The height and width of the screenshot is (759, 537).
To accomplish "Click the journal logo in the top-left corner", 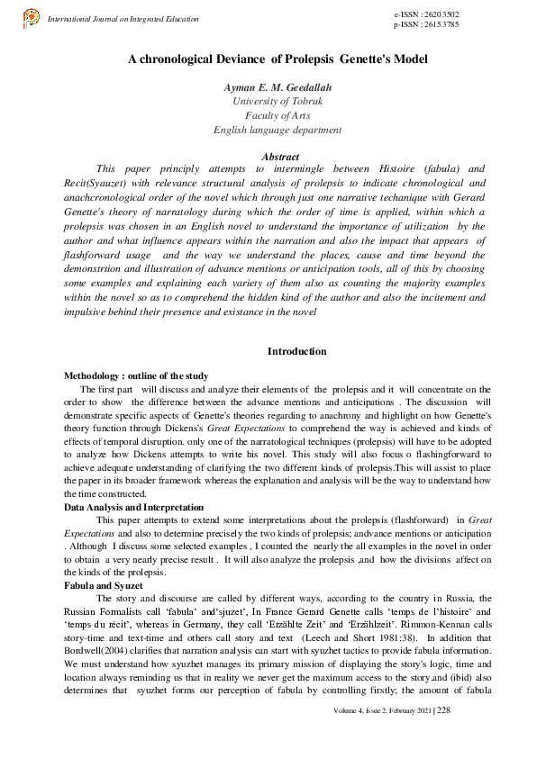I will pyautogui.click(x=31, y=16).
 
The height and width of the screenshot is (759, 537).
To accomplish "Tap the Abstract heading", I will pyautogui.click(x=278, y=157).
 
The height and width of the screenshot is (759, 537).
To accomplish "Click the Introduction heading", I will pyautogui.click(x=297, y=351).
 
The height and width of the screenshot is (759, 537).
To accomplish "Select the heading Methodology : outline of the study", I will pyautogui.click(x=136, y=375).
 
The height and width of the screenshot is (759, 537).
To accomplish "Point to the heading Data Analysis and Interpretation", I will pyautogui.click(x=133, y=508).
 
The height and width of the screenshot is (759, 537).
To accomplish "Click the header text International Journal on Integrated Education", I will pyautogui.click(x=123, y=18).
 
